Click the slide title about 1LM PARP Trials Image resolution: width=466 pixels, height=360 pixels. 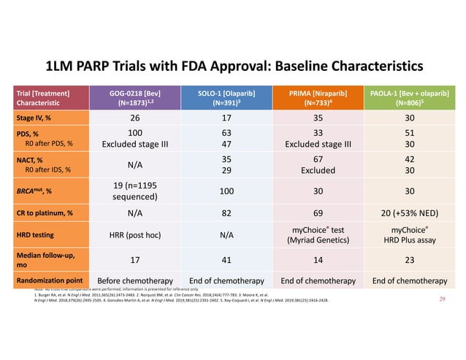[x=234, y=66]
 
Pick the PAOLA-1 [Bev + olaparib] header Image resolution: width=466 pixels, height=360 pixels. [x=410, y=99]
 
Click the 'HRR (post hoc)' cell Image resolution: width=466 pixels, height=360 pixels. [x=134, y=235]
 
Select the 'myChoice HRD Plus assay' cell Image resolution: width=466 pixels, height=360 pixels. [x=410, y=235]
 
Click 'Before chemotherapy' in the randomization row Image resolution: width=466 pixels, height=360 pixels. [x=134, y=282]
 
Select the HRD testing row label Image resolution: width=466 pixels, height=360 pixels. [x=39, y=235]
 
